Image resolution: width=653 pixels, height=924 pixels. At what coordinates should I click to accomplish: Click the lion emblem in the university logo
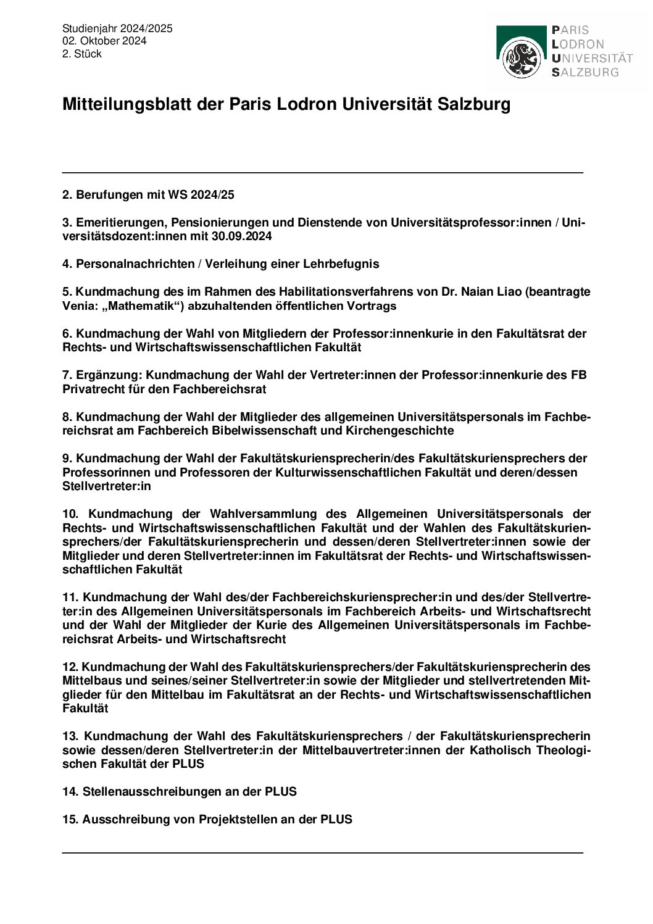coord(522,58)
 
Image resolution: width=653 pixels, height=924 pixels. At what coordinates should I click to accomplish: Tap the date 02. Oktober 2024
coord(104,41)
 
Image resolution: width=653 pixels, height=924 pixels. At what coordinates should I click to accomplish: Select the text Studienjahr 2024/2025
coord(117,28)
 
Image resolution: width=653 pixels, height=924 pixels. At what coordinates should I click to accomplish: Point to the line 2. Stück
coord(81,54)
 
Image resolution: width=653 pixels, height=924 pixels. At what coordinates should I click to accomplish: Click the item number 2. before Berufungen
coord(67,195)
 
